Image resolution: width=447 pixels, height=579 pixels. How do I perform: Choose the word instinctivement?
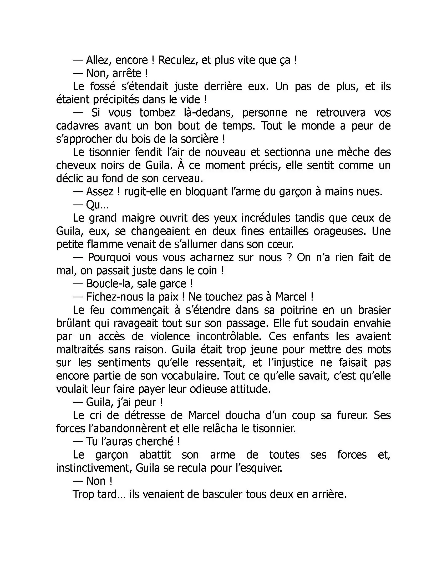point(94,468)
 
